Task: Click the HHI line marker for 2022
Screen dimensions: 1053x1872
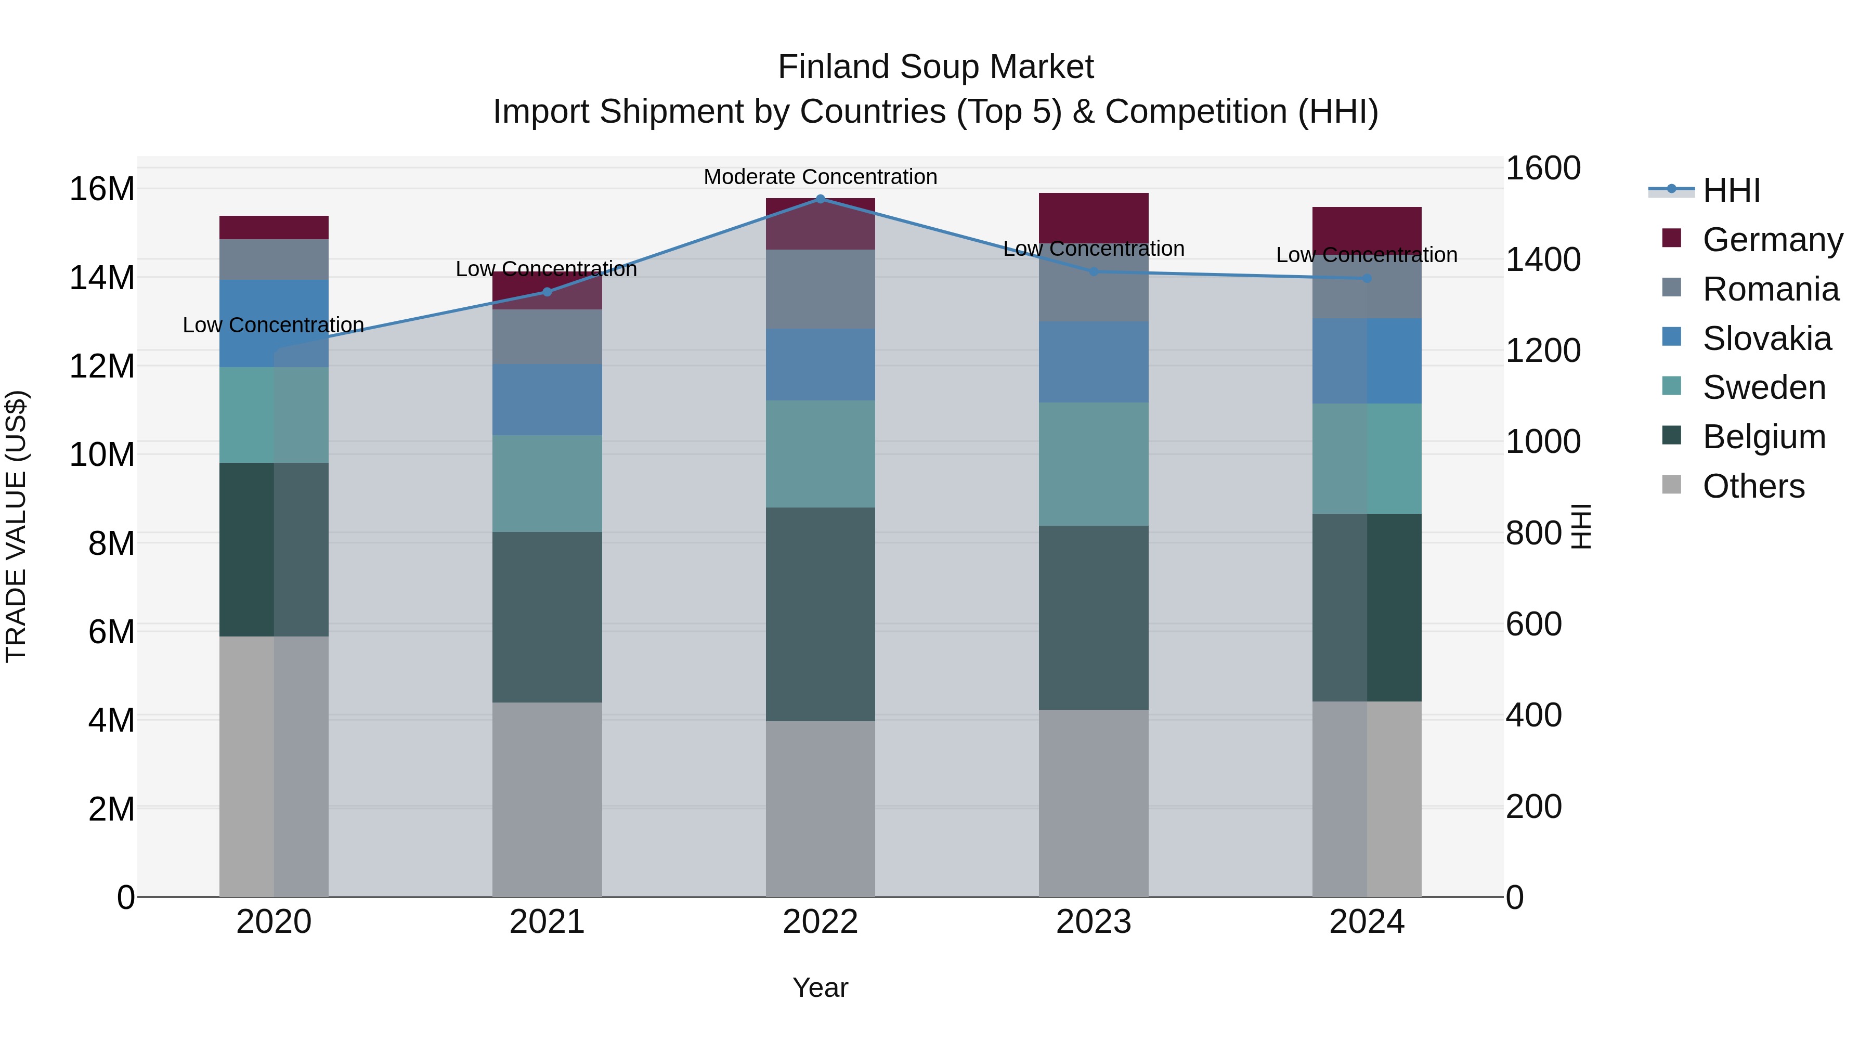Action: click(x=821, y=199)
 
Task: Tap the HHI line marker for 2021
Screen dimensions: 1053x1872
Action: click(x=547, y=292)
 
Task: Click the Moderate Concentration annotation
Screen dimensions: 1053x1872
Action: click(x=821, y=177)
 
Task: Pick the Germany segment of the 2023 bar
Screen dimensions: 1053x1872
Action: click(x=1093, y=216)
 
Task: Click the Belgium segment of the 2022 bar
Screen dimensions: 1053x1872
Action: click(x=821, y=614)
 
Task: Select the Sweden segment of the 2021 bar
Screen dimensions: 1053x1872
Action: click(x=547, y=483)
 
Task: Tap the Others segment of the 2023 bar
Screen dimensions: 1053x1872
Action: click(x=1093, y=803)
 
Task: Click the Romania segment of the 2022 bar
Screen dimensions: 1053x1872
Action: click(x=821, y=289)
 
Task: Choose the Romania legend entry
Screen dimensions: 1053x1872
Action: click(x=1770, y=289)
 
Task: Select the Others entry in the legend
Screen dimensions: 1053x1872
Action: click(x=1753, y=486)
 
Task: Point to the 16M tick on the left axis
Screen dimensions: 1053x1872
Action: click(x=102, y=189)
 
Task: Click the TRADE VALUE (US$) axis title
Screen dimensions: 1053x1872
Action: click(x=16, y=526)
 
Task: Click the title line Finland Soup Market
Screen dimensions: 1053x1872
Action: click(x=935, y=67)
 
